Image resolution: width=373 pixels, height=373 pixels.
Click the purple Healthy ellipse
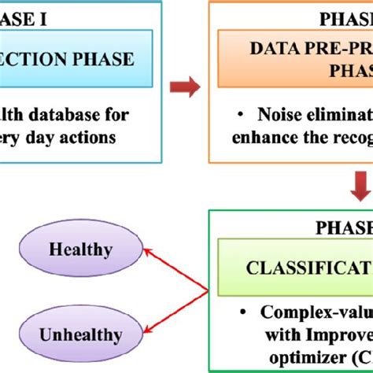tap(81, 250)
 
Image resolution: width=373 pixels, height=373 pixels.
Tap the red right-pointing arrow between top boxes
tap(184, 86)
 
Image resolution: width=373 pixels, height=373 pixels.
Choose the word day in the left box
tap(33, 137)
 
